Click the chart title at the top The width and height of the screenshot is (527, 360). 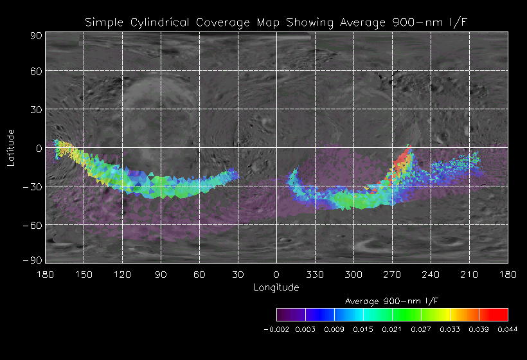(x=277, y=22)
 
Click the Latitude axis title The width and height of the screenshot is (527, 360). (x=11, y=147)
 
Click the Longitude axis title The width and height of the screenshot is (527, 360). (x=276, y=287)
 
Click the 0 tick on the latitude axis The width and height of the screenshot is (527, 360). (x=39, y=148)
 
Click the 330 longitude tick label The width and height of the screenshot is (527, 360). (x=315, y=274)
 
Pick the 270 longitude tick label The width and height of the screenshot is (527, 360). (x=392, y=274)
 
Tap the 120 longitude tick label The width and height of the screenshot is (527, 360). (x=122, y=274)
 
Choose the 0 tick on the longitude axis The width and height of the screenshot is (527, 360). (x=276, y=274)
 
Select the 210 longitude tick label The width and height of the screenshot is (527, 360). (x=469, y=274)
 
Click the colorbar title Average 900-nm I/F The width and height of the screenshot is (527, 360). (x=392, y=301)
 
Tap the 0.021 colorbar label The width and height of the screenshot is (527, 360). (x=391, y=329)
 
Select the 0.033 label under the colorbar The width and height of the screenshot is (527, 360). (x=450, y=329)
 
